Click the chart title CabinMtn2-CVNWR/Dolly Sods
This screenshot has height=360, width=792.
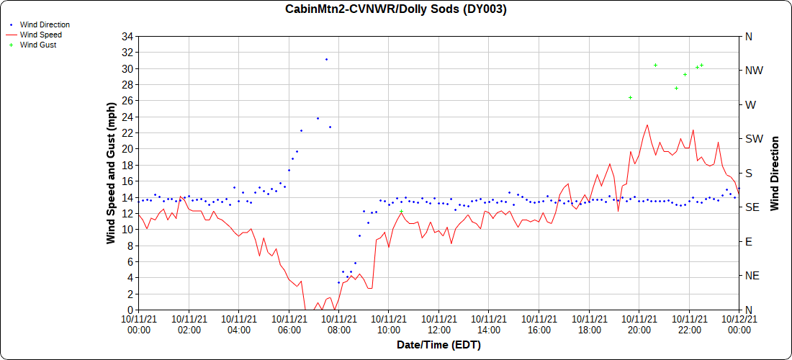click(396, 9)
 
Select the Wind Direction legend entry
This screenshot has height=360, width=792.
click(45, 24)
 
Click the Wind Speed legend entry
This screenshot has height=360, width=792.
click(40, 35)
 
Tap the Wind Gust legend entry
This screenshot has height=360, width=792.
click(38, 45)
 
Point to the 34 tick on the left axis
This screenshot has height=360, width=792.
click(128, 37)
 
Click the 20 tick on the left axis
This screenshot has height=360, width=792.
click(128, 149)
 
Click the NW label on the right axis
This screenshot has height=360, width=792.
click(753, 71)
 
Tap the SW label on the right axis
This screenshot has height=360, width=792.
click(753, 139)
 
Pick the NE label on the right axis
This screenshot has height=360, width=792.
click(752, 276)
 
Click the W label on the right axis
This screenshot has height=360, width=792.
click(750, 104)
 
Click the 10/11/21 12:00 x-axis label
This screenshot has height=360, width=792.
click(438, 324)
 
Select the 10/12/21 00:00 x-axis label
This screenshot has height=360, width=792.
click(739, 324)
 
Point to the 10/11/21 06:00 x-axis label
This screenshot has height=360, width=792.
click(289, 324)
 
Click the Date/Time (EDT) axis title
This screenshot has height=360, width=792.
click(438, 345)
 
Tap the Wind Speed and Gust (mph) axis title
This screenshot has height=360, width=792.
click(111, 173)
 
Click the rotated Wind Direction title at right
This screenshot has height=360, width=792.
click(775, 173)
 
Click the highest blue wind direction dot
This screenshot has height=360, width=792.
click(326, 59)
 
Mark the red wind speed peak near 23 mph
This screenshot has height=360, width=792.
click(647, 125)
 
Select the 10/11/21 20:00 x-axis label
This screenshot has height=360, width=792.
click(639, 324)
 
